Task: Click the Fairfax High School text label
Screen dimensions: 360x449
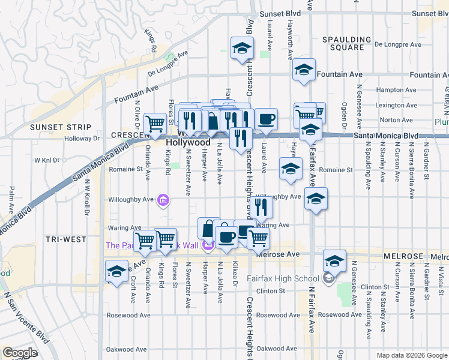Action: (291, 278)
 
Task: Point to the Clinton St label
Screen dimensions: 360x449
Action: (270, 291)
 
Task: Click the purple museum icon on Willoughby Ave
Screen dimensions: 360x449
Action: (163, 200)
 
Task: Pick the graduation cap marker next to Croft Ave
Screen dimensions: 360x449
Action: (116, 271)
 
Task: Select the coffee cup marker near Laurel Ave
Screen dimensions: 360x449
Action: (267, 119)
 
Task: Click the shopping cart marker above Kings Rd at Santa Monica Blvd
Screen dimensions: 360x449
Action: (155, 124)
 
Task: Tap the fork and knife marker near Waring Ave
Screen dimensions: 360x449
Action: (262, 207)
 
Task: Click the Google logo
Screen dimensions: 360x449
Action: (20, 353)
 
